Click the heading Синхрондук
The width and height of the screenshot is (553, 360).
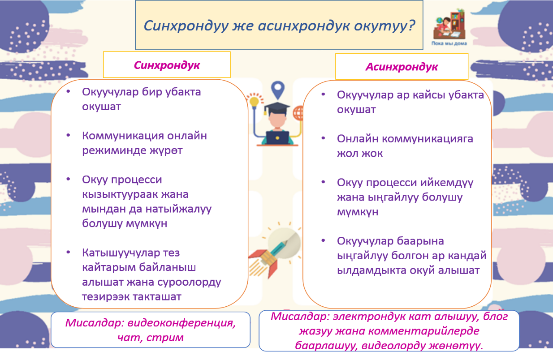(x=167, y=65)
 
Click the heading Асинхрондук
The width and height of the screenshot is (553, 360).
(x=402, y=67)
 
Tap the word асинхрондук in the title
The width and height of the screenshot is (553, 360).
(x=304, y=26)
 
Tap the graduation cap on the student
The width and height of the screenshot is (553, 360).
(x=277, y=108)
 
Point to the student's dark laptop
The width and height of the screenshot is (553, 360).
(x=277, y=137)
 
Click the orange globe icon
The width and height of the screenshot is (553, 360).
(x=298, y=113)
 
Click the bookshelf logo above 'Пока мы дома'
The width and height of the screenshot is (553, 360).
(x=449, y=24)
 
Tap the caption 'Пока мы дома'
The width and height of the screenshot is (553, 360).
(x=449, y=43)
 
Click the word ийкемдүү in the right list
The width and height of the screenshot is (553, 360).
(x=447, y=183)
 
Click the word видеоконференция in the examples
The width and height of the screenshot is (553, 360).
(x=181, y=323)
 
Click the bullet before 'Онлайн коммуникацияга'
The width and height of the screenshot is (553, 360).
(x=323, y=138)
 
